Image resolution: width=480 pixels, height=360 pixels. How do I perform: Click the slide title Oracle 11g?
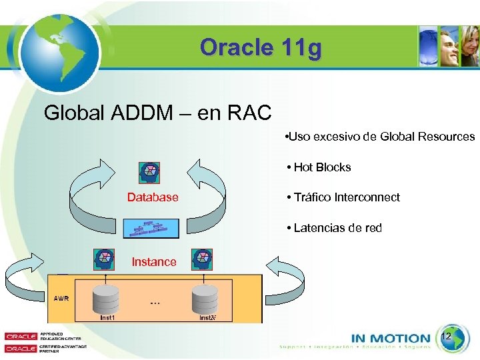tap(260, 47)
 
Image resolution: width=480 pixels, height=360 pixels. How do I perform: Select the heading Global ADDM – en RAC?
tap(157, 113)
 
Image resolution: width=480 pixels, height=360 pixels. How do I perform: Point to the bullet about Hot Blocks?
tap(319, 167)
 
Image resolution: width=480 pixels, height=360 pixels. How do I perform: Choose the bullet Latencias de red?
tap(334, 228)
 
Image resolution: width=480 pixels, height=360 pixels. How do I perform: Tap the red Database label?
tap(153, 197)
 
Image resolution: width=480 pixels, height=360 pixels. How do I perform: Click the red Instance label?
tap(154, 262)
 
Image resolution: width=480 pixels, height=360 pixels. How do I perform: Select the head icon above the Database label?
tap(150, 173)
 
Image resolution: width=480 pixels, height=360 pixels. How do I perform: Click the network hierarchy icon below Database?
tap(151, 228)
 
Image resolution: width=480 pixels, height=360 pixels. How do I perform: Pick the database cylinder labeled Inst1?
tap(106, 299)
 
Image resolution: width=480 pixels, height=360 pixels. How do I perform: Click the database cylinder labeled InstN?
tap(205, 299)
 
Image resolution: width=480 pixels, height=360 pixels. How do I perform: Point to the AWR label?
tap(61, 298)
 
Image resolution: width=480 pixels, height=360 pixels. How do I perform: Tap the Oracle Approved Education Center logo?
tap(40, 337)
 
